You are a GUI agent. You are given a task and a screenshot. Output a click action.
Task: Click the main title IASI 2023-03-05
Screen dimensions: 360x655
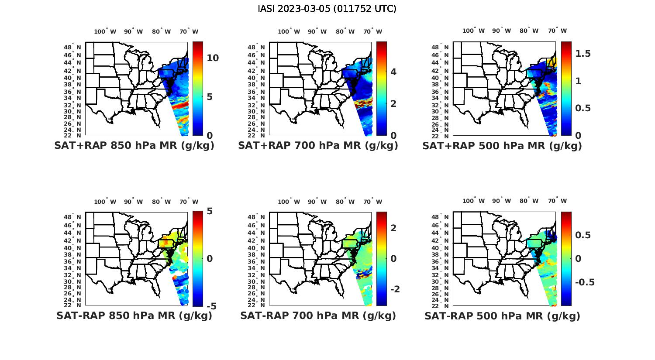[x=327, y=9]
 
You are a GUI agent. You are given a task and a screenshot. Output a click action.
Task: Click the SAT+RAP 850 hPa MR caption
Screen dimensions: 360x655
[x=134, y=146]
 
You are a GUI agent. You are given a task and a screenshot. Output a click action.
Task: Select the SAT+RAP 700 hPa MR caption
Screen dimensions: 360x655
[x=318, y=146]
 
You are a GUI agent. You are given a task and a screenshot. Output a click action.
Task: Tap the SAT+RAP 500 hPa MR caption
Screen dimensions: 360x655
[x=502, y=146]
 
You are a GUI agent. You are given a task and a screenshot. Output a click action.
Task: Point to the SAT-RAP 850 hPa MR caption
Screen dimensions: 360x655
[x=134, y=315]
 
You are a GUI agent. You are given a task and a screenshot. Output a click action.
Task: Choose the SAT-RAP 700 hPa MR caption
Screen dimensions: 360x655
[x=318, y=315]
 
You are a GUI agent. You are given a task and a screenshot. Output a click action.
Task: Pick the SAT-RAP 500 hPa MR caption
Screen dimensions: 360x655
[x=502, y=315]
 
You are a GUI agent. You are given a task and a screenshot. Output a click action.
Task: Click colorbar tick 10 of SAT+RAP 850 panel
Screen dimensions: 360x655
[x=213, y=58]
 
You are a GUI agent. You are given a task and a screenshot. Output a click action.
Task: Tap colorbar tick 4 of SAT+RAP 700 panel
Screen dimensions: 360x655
[x=393, y=72]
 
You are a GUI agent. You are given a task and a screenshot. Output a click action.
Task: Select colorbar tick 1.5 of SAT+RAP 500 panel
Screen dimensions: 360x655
[x=583, y=54]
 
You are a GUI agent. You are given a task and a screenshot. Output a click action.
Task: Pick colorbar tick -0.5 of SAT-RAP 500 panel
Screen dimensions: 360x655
[x=585, y=282]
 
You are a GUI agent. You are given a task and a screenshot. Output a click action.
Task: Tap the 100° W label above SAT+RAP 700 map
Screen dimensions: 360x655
[x=289, y=31]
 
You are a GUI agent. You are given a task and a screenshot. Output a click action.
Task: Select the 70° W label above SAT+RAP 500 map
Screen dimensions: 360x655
[x=557, y=31]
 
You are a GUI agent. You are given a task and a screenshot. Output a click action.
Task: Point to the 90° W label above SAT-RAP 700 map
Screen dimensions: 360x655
[x=317, y=202]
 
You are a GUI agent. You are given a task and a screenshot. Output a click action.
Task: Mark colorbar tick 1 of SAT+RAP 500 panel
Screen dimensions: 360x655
[x=578, y=81]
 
